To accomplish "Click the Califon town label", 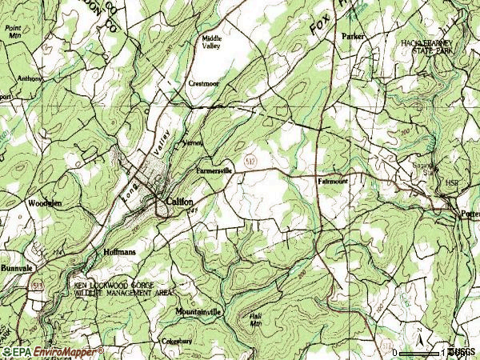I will pos(179,202).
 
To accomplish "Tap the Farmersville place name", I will pos(214,170).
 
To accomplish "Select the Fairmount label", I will pos(333,181).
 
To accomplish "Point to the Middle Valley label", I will pos(212,42).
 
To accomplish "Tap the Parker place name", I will pos(352,37).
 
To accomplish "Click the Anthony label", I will pos(30,78).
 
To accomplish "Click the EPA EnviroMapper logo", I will pos(37,352).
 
